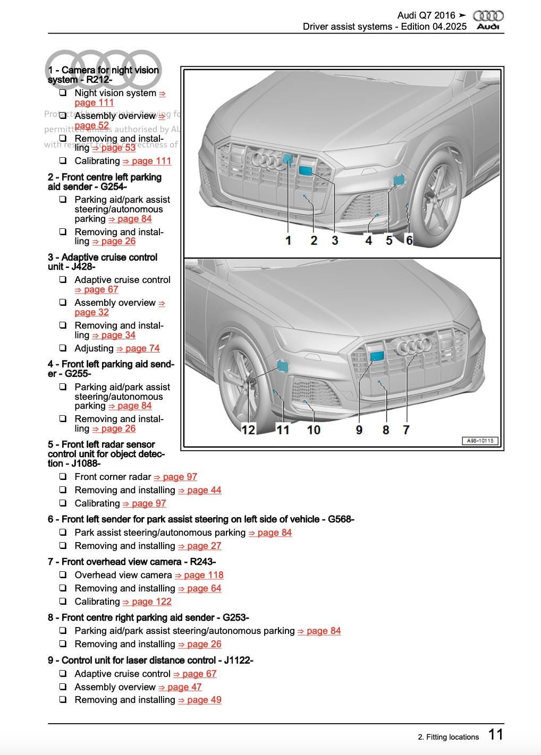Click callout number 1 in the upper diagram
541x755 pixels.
pos(288,241)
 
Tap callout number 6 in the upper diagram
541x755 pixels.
pos(409,241)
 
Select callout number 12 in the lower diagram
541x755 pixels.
pos(248,430)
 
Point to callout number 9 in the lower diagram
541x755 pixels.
pos(359,430)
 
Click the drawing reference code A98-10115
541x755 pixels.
pos(480,441)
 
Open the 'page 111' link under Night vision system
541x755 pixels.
pos(94,102)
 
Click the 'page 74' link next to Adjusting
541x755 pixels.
pos(138,348)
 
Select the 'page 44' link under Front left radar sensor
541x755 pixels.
pos(200,490)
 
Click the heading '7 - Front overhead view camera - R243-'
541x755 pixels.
pos(132,562)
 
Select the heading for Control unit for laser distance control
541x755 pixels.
pos(150,660)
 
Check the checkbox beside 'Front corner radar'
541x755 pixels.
pos(63,477)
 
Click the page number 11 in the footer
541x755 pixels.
pos(495,734)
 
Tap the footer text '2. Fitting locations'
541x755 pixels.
pos(448,737)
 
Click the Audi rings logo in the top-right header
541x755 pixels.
pos(488,16)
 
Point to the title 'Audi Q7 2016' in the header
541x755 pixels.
pos(426,15)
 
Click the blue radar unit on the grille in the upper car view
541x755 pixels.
pos(306,170)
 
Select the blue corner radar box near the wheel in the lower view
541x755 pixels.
pos(282,365)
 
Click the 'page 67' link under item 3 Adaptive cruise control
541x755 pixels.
pos(97,289)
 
